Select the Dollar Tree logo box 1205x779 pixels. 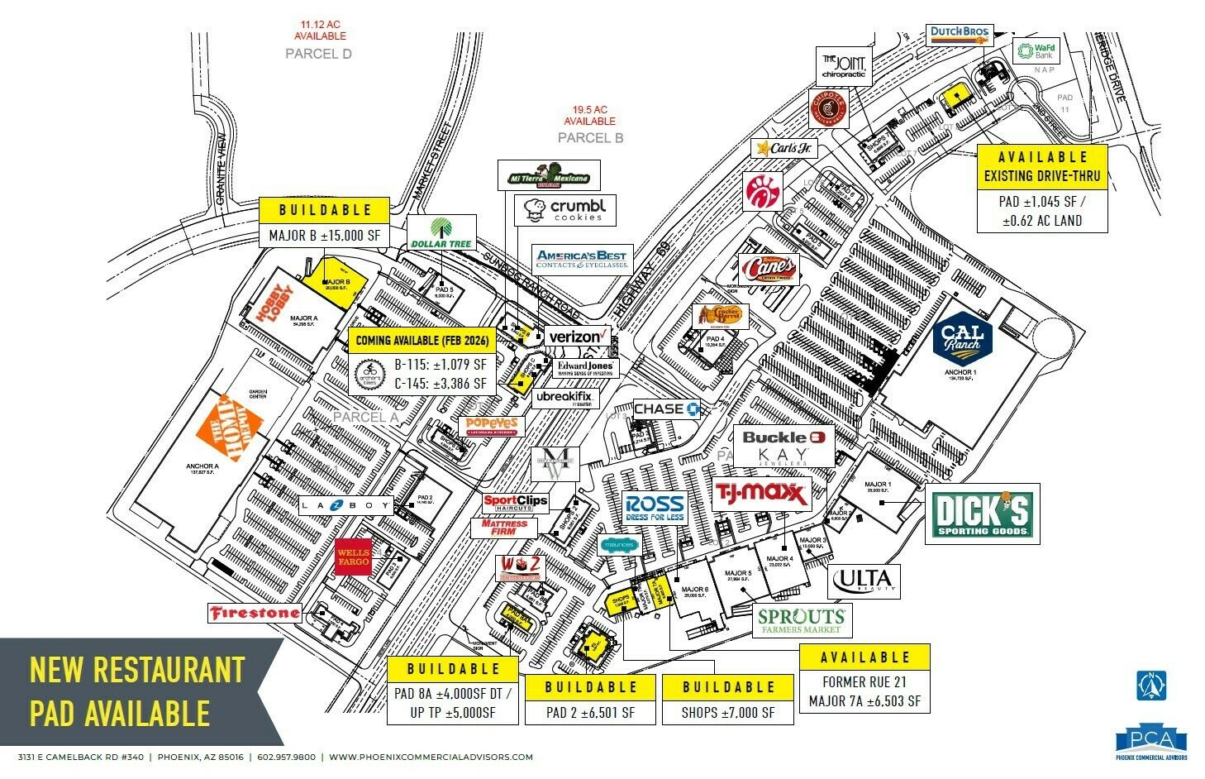click(441, 233)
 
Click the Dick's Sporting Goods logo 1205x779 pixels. click(982, 514)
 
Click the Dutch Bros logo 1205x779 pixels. click(959, 35)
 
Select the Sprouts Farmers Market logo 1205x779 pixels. click(801, 620)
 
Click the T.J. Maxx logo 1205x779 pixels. click(760, 495)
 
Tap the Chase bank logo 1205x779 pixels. click(667, 409)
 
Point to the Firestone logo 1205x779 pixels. click(254, 613)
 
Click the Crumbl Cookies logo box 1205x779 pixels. click(565, 210)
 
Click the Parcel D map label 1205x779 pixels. click(318, 54)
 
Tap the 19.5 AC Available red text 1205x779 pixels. click(590, 115)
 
